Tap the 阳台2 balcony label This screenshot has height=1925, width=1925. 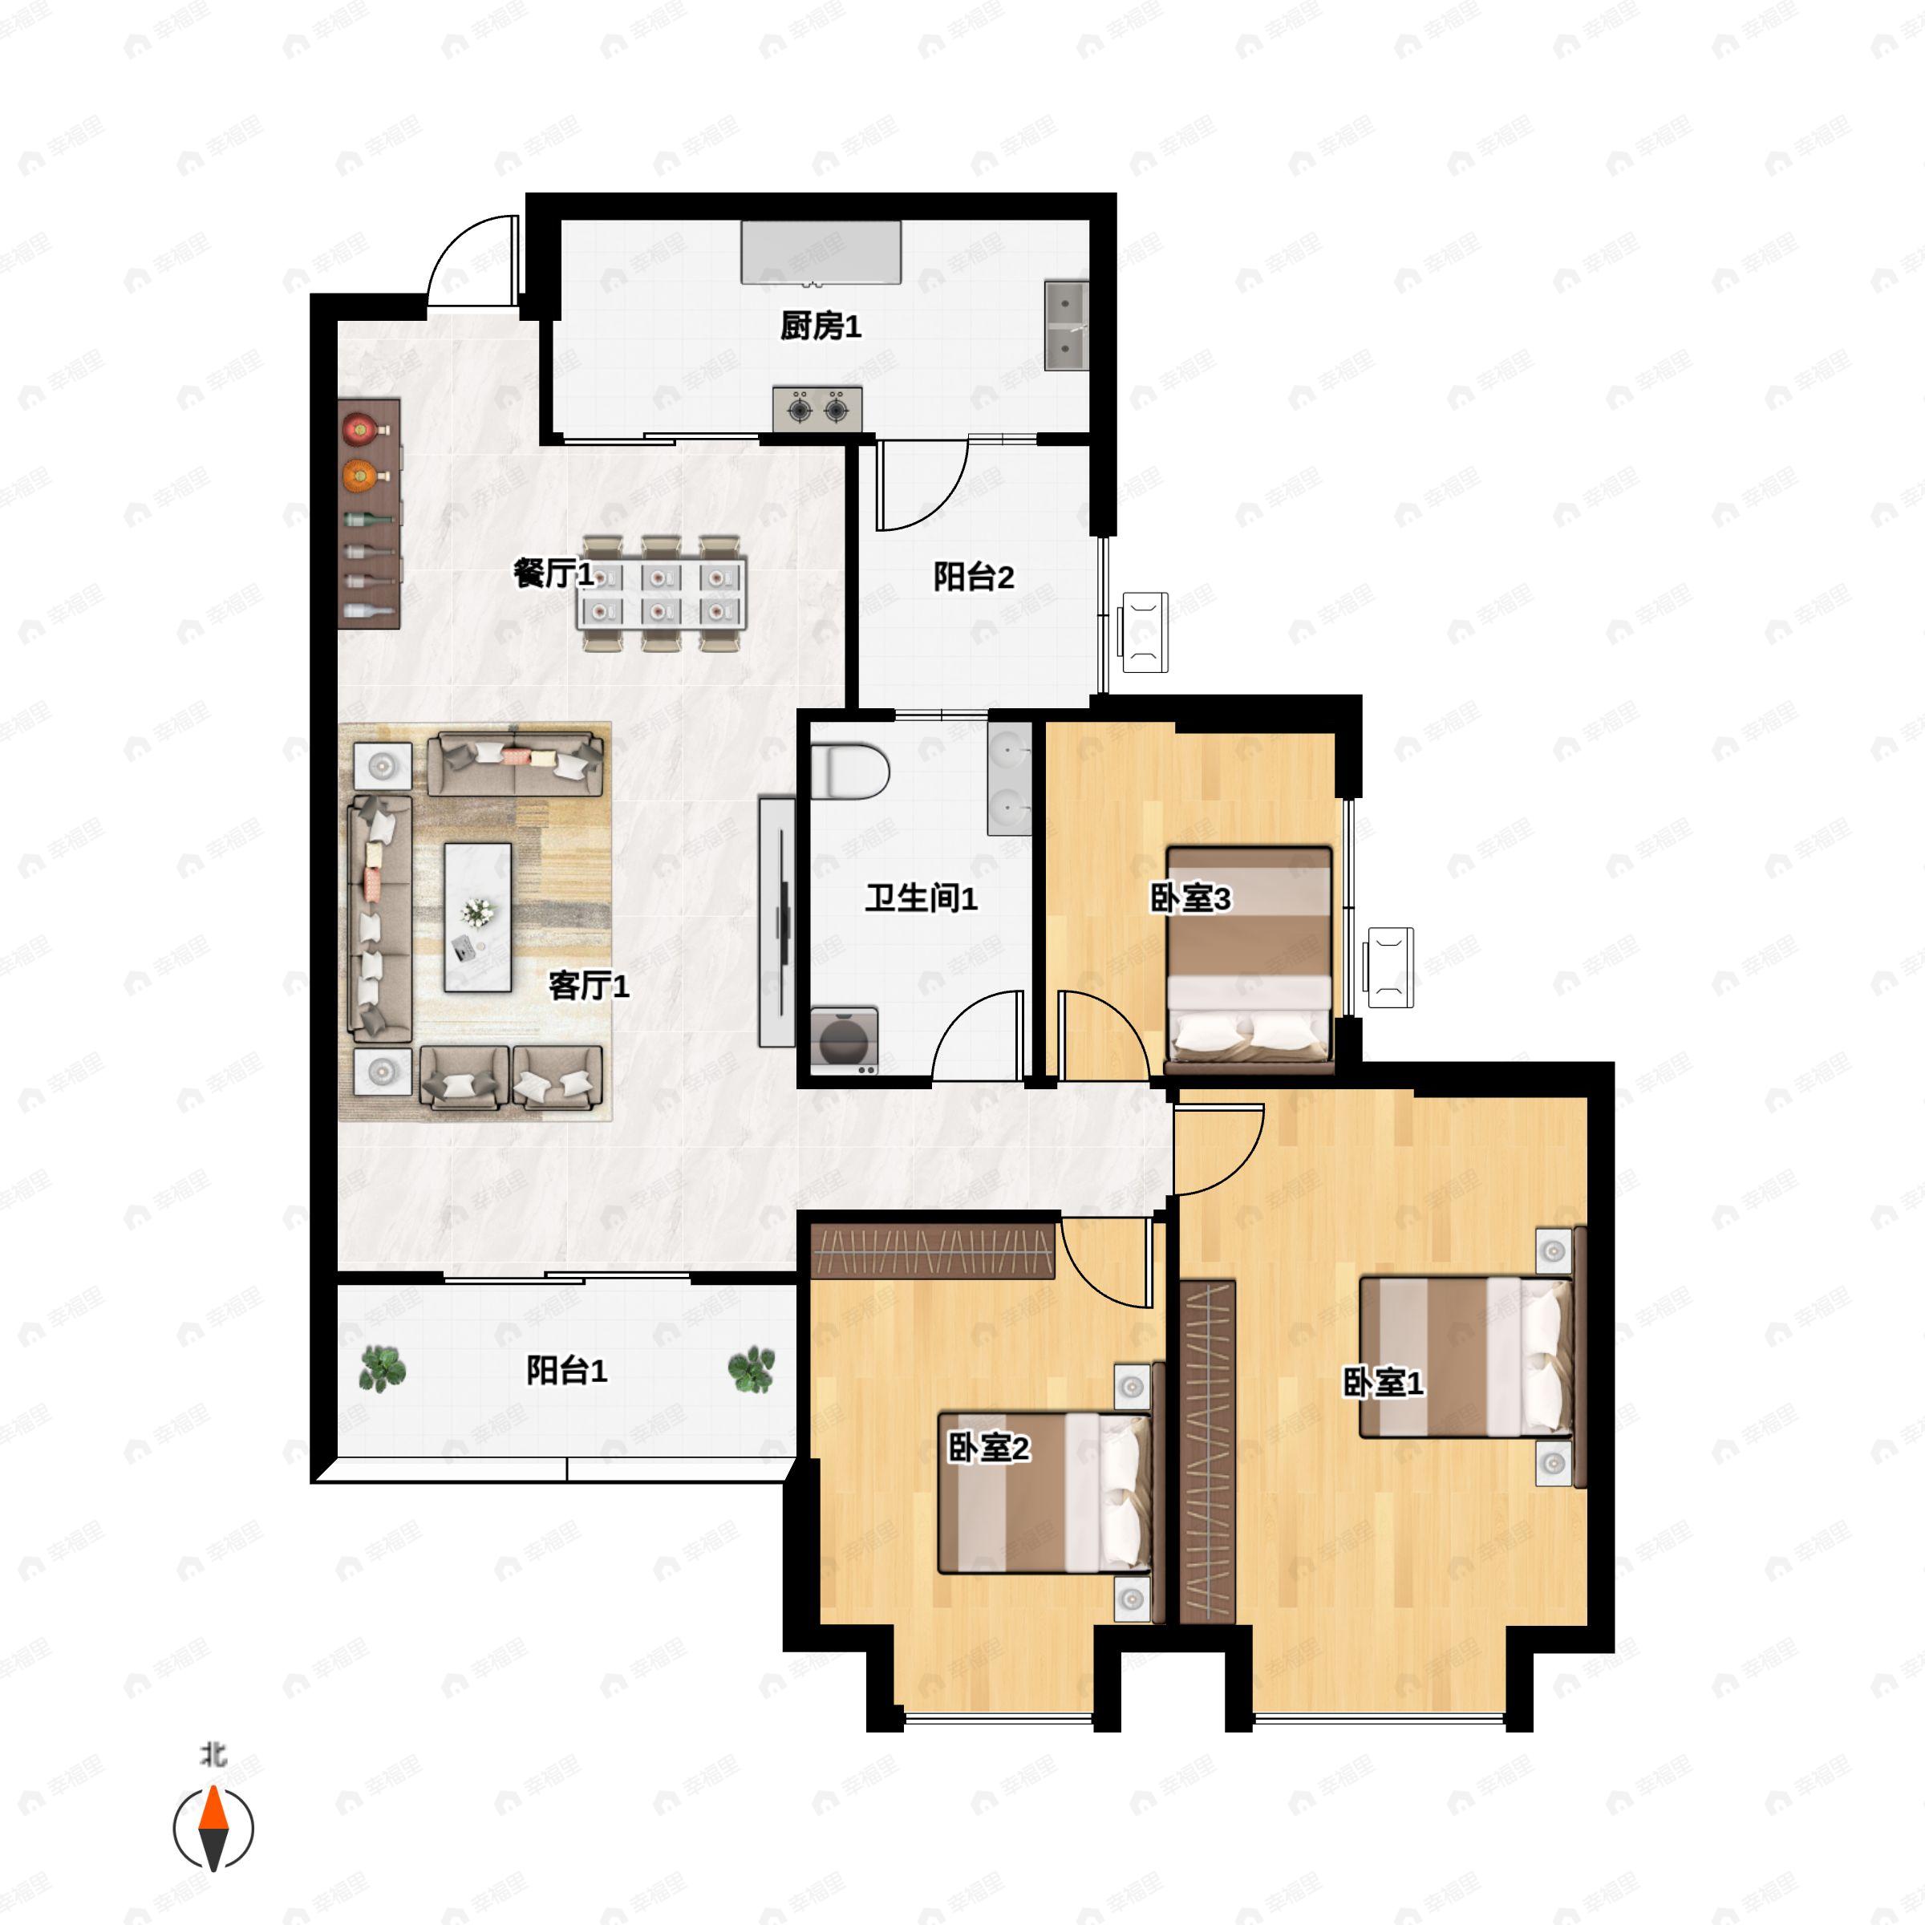point(974,576)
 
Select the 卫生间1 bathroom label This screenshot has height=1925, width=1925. point(921,898)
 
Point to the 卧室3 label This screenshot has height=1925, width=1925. point(1190,898)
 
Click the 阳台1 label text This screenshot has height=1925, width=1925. point(566,1370)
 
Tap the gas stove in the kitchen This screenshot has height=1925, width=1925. point(817,408)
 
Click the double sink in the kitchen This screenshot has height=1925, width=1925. point(1066,326)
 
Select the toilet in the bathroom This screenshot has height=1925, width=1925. point(849,770)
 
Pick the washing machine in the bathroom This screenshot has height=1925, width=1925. point(844,1040)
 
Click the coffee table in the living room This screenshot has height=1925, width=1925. point(477,918)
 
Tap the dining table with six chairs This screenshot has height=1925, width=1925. point(663,593)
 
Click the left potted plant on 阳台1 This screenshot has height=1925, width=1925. point(383,1368)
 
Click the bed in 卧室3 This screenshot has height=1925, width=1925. point(1250,959)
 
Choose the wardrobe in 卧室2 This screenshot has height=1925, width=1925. point(933,1250)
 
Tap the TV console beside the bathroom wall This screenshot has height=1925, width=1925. point(777,921)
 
